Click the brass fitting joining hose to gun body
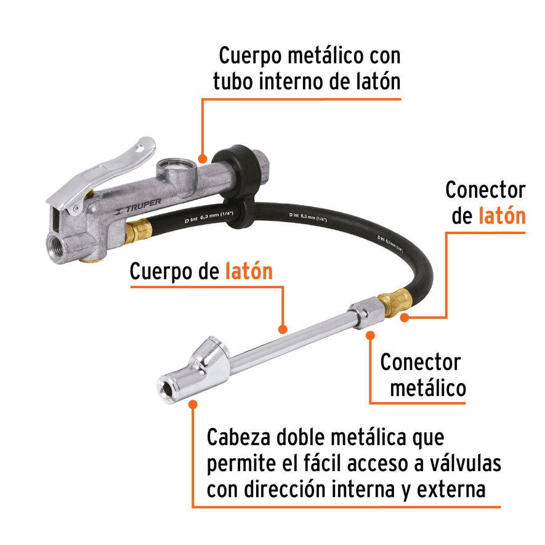(x=136, y=230)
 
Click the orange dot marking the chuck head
(x=193, y=405)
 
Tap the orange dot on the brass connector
(x=405, y=317)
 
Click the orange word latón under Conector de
(x=502, y=216)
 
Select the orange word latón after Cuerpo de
(x=249, y=272)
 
